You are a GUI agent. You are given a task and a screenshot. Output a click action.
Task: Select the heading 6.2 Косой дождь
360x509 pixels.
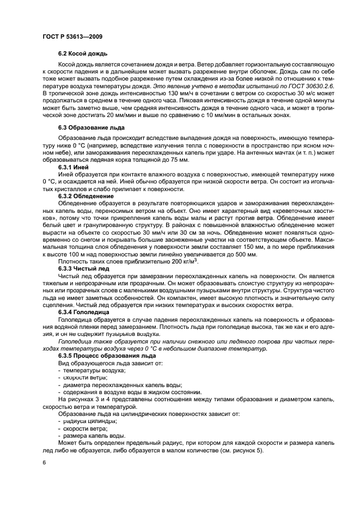tap(83, 54)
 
